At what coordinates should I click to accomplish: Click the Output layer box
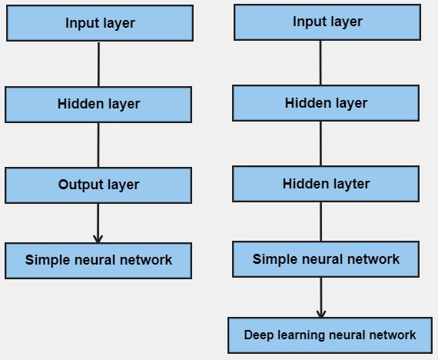pos(98,185)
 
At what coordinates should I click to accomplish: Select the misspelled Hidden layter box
pos(326,184)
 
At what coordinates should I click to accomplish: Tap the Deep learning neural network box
pos(330,335)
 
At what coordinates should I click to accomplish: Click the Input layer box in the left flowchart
pos(100,23)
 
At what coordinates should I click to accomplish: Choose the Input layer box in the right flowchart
pos(327,22)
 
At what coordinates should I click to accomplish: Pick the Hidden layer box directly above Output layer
pos(98,104)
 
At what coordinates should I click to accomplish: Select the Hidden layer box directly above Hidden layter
pos(326,103)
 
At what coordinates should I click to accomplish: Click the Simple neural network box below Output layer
pos(98,260)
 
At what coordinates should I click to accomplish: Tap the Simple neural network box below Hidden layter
pos(326,259)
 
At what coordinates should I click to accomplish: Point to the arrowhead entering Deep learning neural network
pos(321,313)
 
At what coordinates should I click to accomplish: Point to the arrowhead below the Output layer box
pos(98,238)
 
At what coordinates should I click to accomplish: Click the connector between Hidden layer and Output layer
pos(98,145)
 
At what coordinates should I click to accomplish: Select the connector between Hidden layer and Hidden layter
pos(321,143)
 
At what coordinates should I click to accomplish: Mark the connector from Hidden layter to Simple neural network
pos(321,222)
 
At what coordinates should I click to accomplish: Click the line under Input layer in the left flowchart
pos(99,64)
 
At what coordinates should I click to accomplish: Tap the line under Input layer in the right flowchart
pos(320,62)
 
